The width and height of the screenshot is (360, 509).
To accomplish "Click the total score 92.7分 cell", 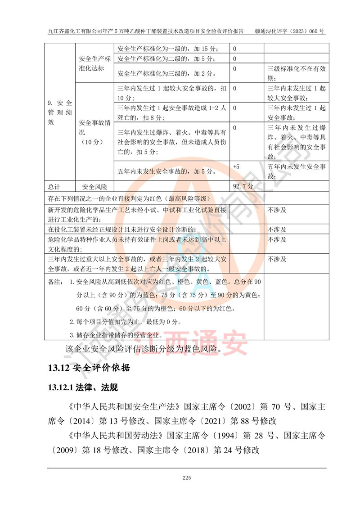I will point(243,185).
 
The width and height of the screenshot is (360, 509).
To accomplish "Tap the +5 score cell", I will point(236,167).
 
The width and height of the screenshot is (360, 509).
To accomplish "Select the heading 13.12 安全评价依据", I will point(89,368).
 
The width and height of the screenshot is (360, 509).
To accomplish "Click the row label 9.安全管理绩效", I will point(60,113).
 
